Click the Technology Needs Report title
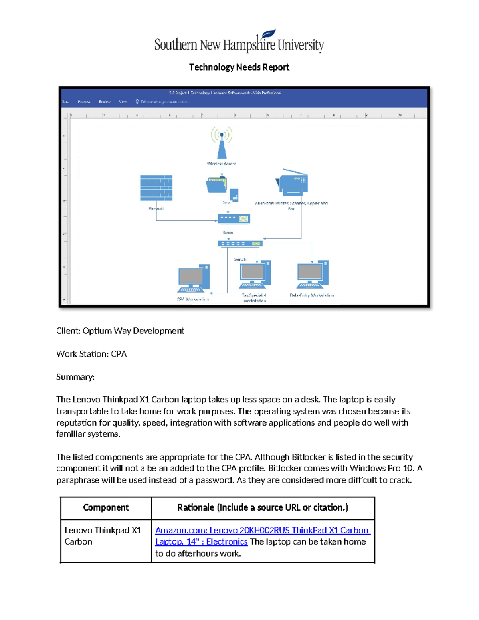coord(239,67)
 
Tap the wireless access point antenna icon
coord(222,143)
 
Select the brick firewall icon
coord(156,188)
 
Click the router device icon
coord(234,219)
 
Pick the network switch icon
coord(240,244)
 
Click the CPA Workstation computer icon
coord(194,278)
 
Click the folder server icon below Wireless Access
coord(217,185)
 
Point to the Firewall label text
coord(156,209)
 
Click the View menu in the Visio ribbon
coord(123,102)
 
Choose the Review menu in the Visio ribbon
coord(105,102)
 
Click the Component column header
coord(106,507)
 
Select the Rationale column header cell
coord(263,507)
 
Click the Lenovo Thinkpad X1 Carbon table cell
coord(103,536)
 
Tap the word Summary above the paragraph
coord(75,377)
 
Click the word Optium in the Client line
coord(97,331)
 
